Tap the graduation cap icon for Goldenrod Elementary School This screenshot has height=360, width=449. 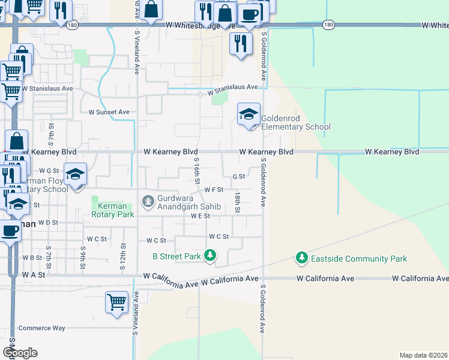[x=249, y=114]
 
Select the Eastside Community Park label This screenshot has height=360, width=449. [x=359, y=259]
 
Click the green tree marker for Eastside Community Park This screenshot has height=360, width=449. [x=302, y=259]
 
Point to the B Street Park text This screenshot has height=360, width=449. [x=176, y=256]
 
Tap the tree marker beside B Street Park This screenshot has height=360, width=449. [x=210, y=256]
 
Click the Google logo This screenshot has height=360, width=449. [x=20, y=353]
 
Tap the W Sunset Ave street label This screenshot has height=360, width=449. [x=109, y=112]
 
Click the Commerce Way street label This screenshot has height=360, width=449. [x=41, y=328]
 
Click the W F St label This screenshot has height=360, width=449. [x=214, y=190]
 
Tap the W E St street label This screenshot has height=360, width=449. [x=200, y=215]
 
